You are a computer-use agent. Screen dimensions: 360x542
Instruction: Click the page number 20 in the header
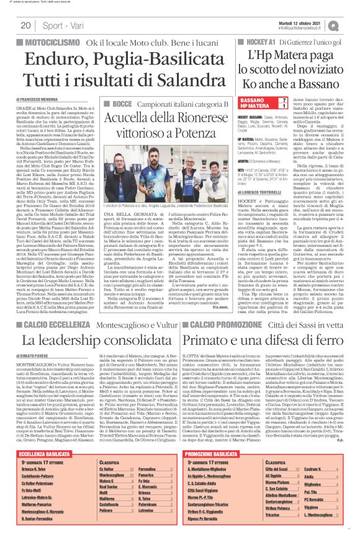point(25,25)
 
